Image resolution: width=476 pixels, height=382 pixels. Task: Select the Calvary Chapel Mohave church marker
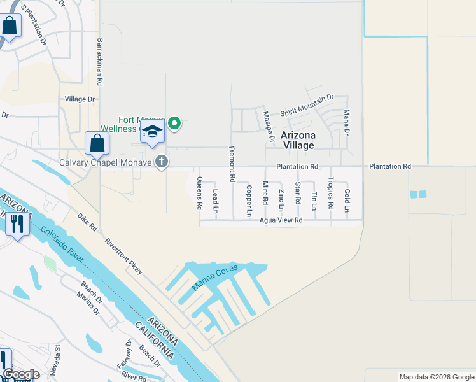click(x=162, y=162)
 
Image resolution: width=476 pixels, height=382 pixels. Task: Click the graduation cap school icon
click(x=152, y=132)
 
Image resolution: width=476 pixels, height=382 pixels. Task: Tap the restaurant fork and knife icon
click(x=17, y=223)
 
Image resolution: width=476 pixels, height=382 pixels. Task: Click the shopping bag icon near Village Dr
click(x=97, y=143)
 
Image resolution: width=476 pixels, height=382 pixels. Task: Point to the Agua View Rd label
click(x=281, y=220)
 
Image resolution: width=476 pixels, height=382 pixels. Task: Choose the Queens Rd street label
click(x=199, y=193)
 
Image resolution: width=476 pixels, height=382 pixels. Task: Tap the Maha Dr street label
click(x=347, y=122)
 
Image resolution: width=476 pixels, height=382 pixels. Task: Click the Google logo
click(x=21, y=374)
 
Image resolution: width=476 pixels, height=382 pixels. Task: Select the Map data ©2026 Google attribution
click(x=437, y=377)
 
